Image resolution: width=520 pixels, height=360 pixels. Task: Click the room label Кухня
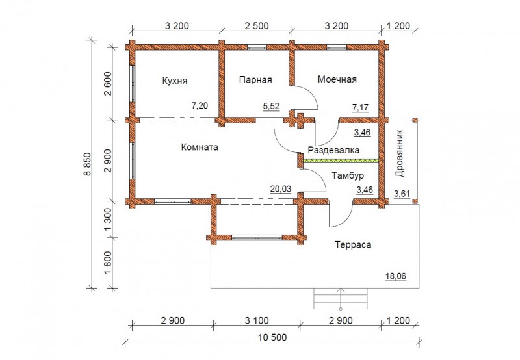coord(174,81)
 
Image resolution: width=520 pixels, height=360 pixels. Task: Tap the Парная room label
coord(255,80)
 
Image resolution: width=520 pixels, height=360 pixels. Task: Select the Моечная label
coord(337,79)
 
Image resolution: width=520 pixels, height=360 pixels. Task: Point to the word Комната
coord(200,147)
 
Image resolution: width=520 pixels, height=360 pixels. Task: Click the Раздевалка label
coord(333,150)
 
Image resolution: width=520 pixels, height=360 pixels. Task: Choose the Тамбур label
coord(348,175)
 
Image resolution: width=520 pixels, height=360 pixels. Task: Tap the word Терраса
coord(353,245)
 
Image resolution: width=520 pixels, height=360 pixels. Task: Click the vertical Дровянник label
coord(400,153)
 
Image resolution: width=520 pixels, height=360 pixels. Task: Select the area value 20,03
coord(281,189)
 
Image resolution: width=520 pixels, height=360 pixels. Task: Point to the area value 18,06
coord(396,276)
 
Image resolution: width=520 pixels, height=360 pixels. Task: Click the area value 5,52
coord(271,107)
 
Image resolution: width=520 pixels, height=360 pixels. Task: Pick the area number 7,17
coord(360,107)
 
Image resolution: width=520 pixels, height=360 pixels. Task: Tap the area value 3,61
coord(402,194)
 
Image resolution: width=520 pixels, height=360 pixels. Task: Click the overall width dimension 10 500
coord(272,337)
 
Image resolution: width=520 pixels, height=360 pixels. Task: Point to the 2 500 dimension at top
coord(257,26)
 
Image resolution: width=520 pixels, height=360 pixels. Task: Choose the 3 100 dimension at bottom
coord(257,321)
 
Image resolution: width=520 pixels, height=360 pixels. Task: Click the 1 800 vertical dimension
coord(108,264)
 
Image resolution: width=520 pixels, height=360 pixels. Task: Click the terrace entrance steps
coord(341,299)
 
